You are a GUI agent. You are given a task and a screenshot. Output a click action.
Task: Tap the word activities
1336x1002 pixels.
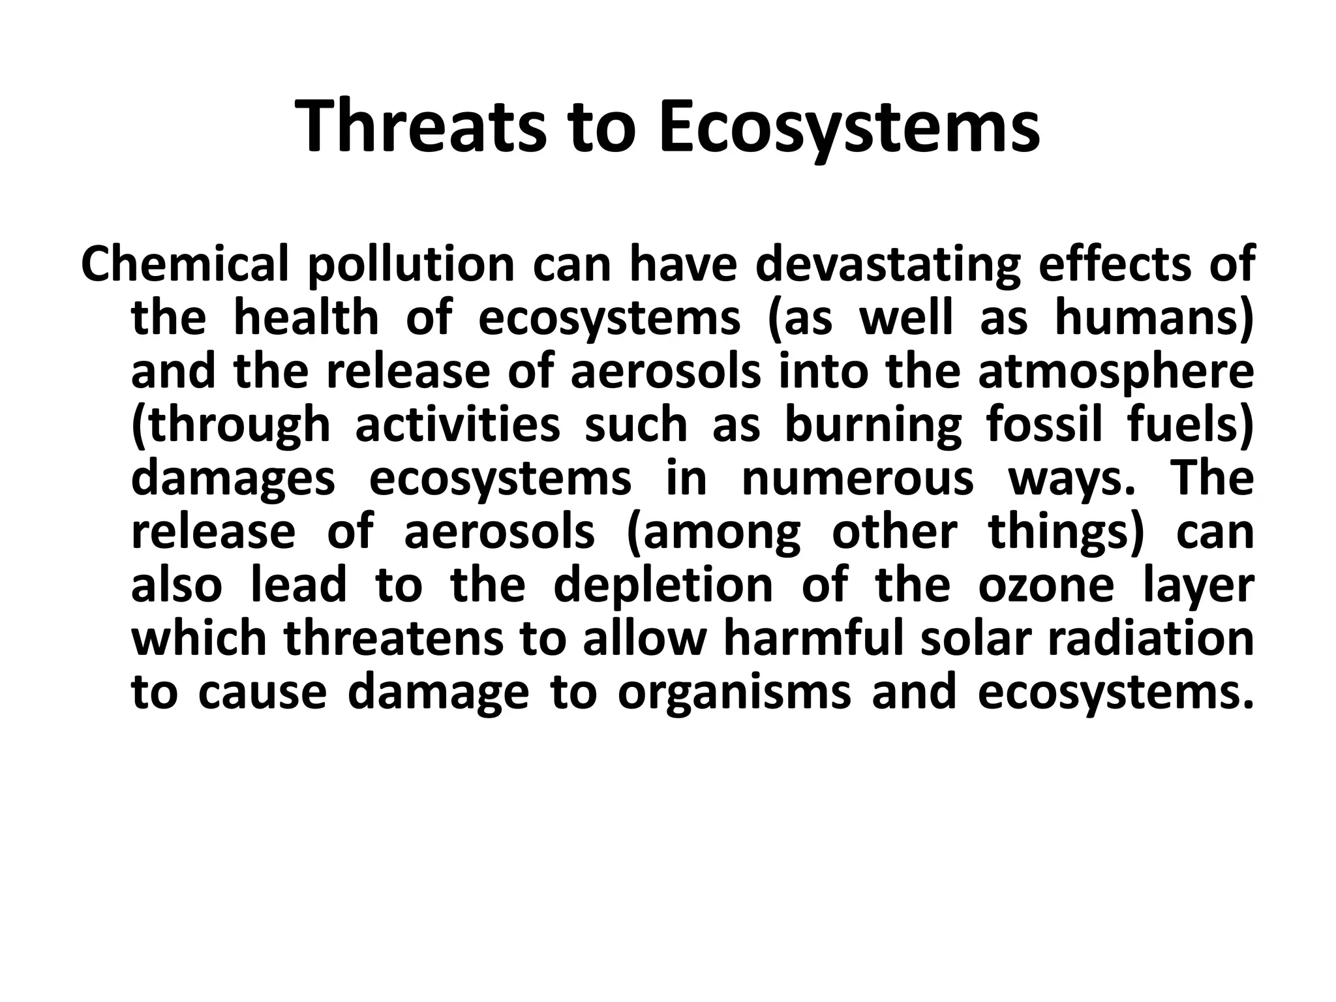click(457, 425)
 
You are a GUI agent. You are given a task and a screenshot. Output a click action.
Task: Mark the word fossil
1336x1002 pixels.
click(1044, 425)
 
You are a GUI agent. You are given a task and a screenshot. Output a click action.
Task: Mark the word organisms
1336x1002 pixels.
click(734, 692)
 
